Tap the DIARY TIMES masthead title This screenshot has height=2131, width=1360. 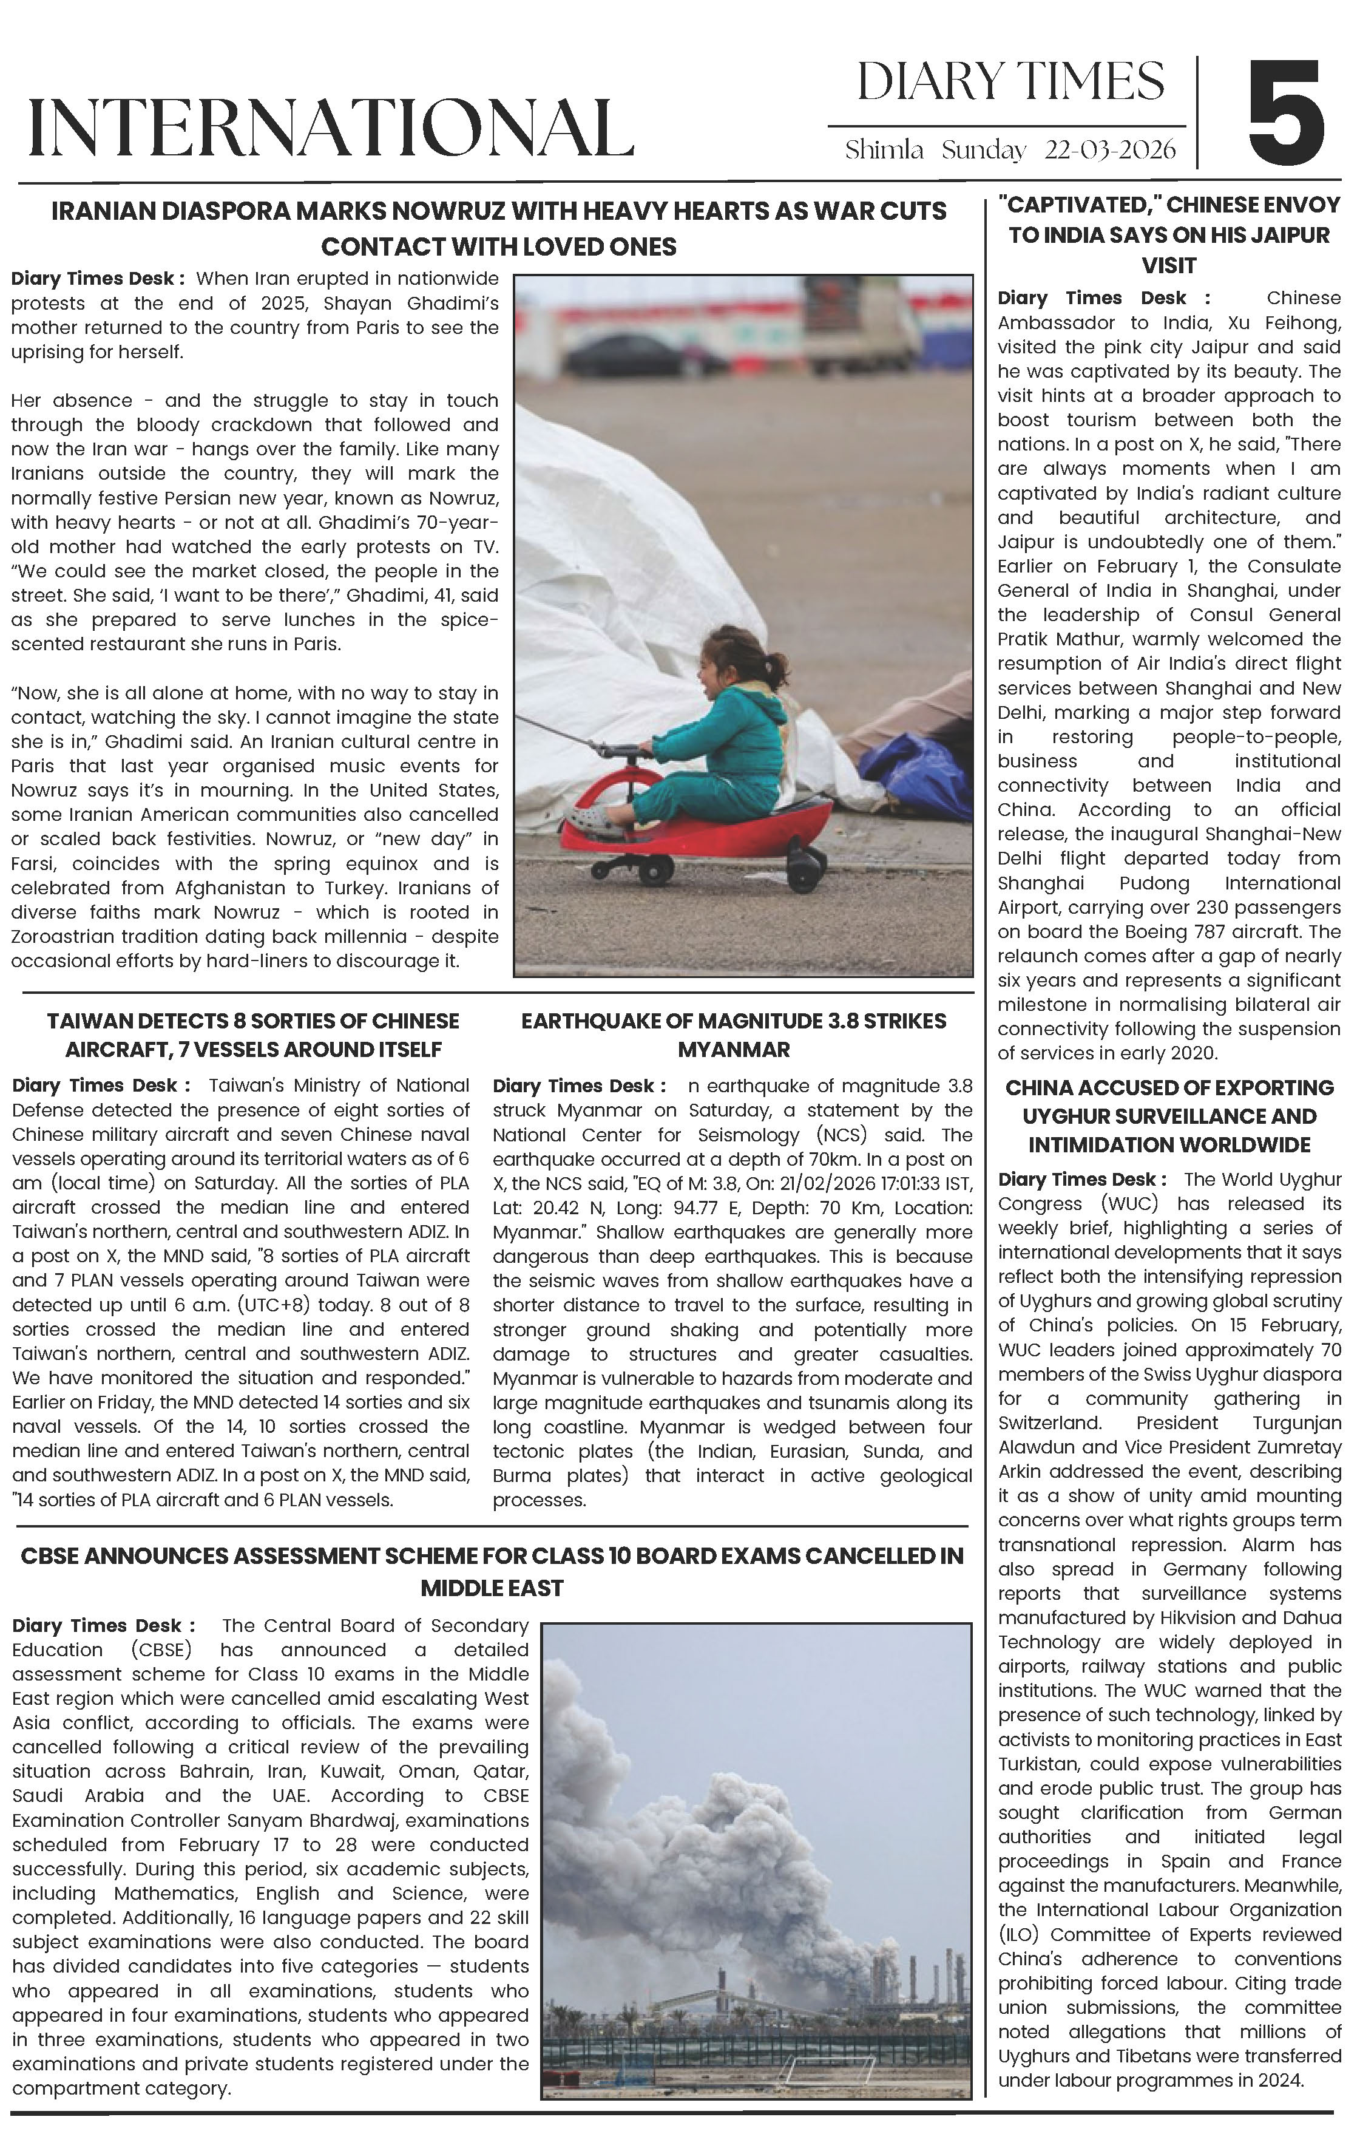(x=1010, y=83)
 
